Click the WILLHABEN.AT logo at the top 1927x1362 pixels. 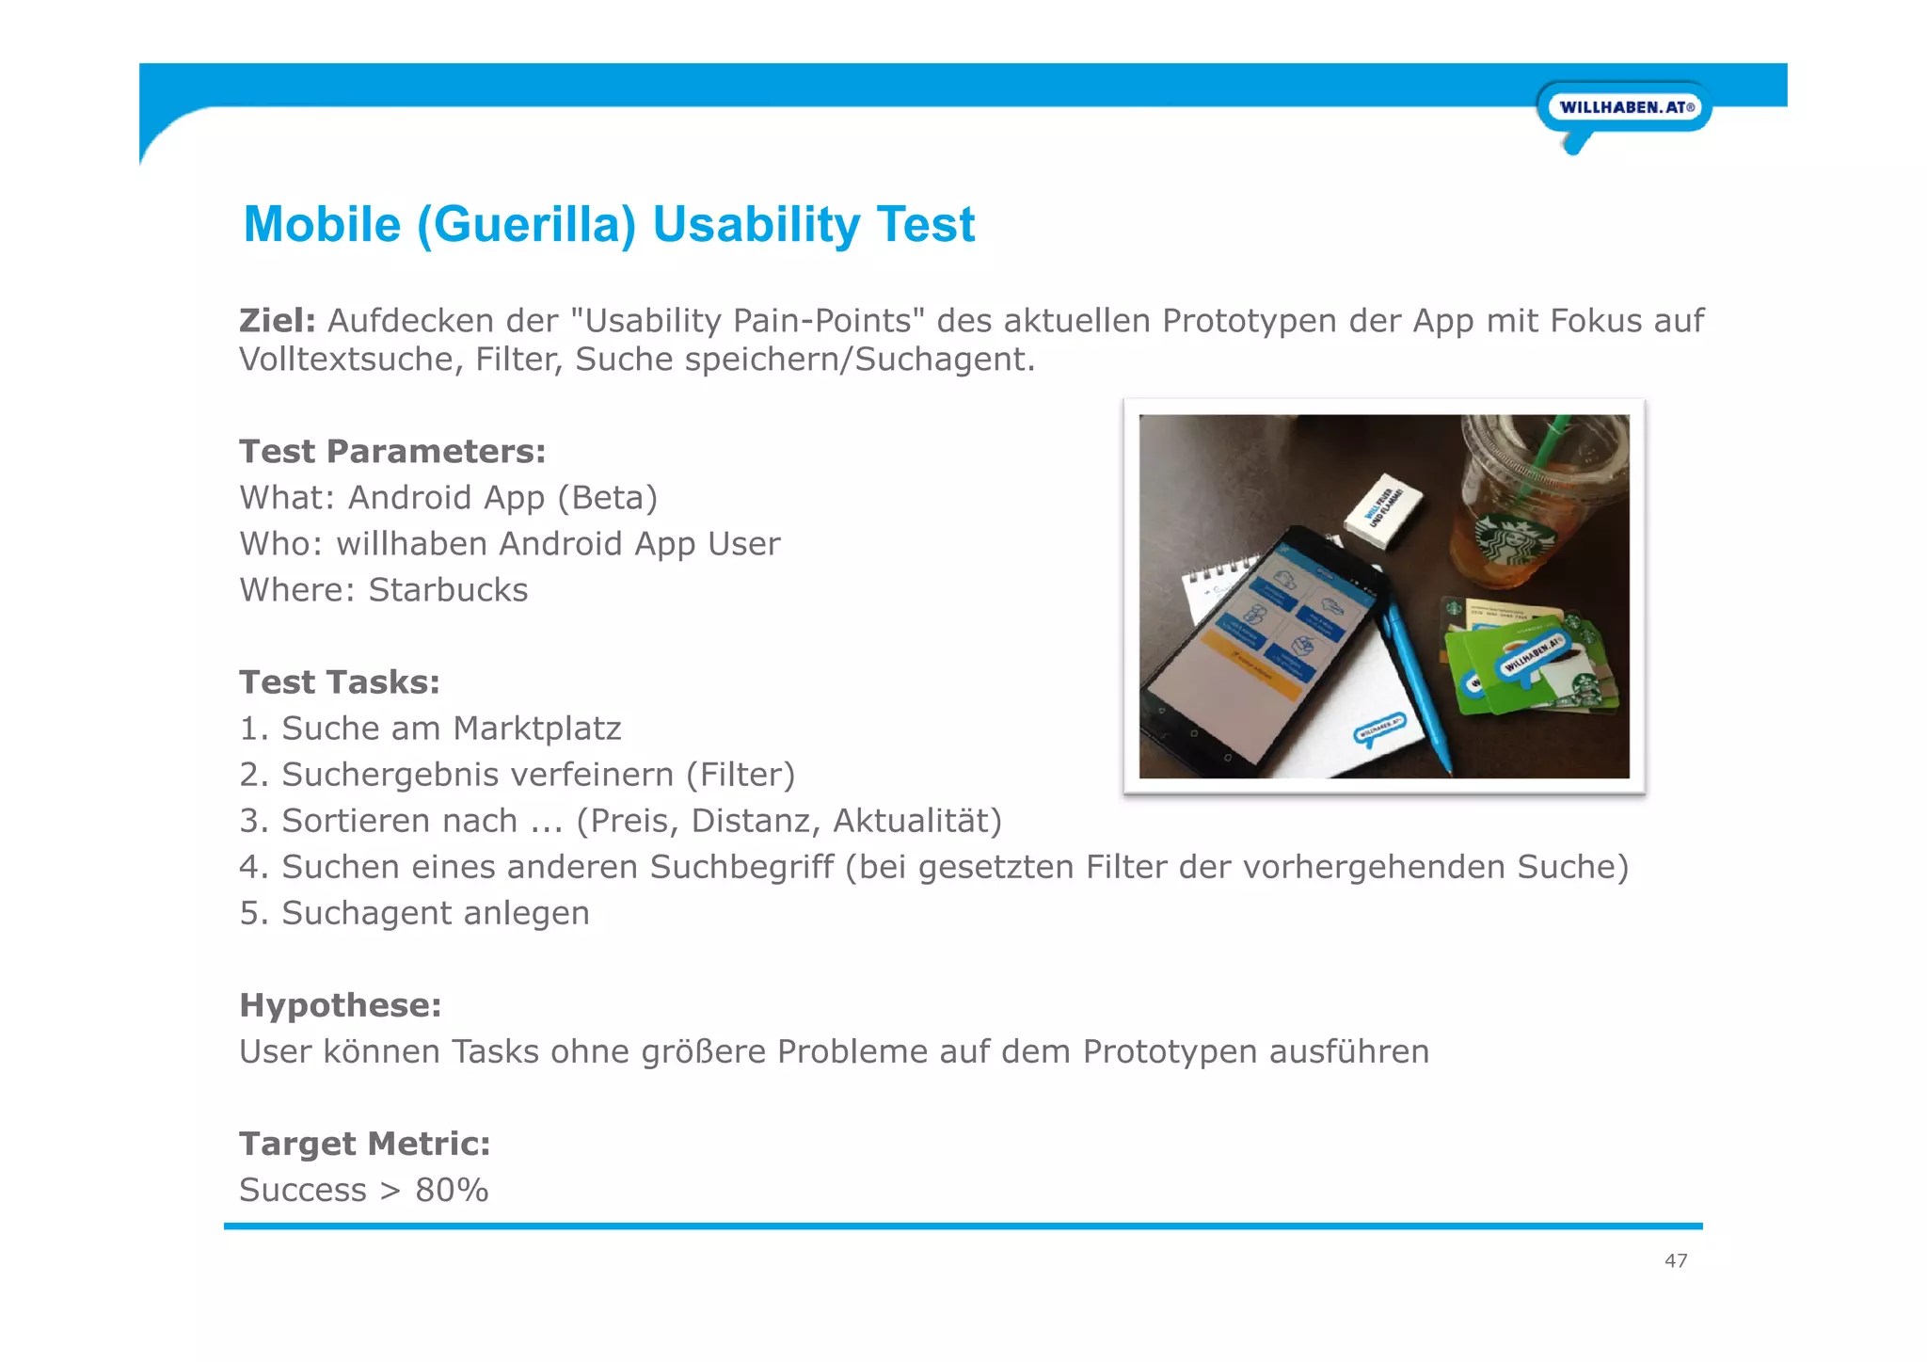tap(1625, 107)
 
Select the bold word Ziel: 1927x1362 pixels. tap(277, 321)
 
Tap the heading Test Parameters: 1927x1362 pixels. tap(392, 452)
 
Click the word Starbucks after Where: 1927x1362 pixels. tap(448, 590)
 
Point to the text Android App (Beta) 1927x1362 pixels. tap(502, 498)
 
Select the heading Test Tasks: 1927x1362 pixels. tap(340, 682)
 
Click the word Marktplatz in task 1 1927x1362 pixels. tap(536, 729)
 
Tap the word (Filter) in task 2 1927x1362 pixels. tap(741, 775)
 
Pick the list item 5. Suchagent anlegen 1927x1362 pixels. tap(414, 913)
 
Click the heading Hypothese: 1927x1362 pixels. tap(341, 1005)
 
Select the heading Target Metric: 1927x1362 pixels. tap(365, 1144)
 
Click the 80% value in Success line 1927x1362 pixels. tap(452, 1191)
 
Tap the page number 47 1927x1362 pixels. tap(1676, 1260)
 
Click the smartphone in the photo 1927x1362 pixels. tap(1261, 649)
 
